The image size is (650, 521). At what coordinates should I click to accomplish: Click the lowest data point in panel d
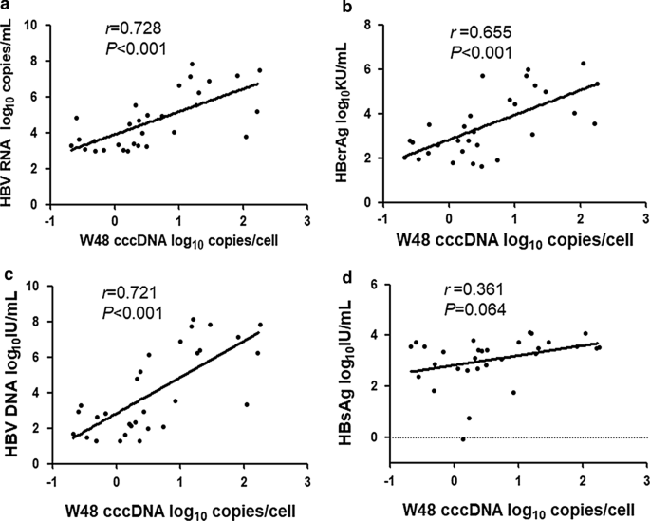coord(462,439)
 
